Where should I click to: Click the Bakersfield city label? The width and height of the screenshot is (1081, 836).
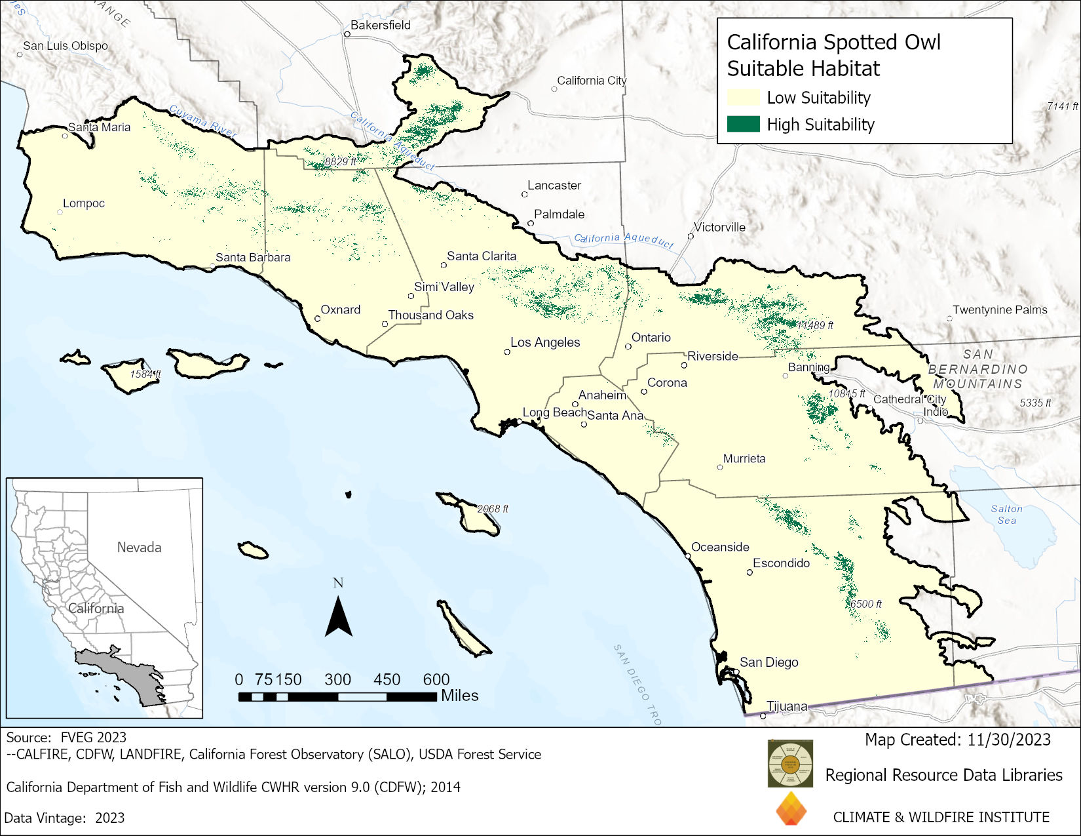pos(380,25)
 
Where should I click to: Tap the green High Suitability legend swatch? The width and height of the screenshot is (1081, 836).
pos(743,124)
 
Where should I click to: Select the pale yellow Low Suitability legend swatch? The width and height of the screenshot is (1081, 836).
pos(743,97)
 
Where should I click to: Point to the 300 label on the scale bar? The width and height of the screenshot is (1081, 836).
pos(337,679)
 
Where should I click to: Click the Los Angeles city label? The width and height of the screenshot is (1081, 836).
pos(545,342)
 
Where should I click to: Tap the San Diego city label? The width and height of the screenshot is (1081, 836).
pos(768,662)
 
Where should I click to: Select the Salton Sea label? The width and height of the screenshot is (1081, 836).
pos(1006,514)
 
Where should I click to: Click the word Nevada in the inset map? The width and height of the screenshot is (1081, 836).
pos(139,547)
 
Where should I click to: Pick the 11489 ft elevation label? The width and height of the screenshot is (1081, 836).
pos(815,325)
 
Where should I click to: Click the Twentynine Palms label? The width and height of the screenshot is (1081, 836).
pos(1000,309)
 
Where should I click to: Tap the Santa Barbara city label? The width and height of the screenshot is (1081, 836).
pos(253,257)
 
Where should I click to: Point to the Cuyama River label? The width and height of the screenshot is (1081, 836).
pos(202,121)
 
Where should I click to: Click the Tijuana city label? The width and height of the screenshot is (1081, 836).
pos(787,706)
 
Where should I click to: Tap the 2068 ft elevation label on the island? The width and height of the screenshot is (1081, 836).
pos(492,509)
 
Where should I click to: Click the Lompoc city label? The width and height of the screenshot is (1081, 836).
pos(84,203)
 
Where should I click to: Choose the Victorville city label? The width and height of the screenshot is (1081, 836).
pos(719,228)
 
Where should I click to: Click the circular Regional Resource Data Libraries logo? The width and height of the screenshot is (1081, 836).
pos(790,763)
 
